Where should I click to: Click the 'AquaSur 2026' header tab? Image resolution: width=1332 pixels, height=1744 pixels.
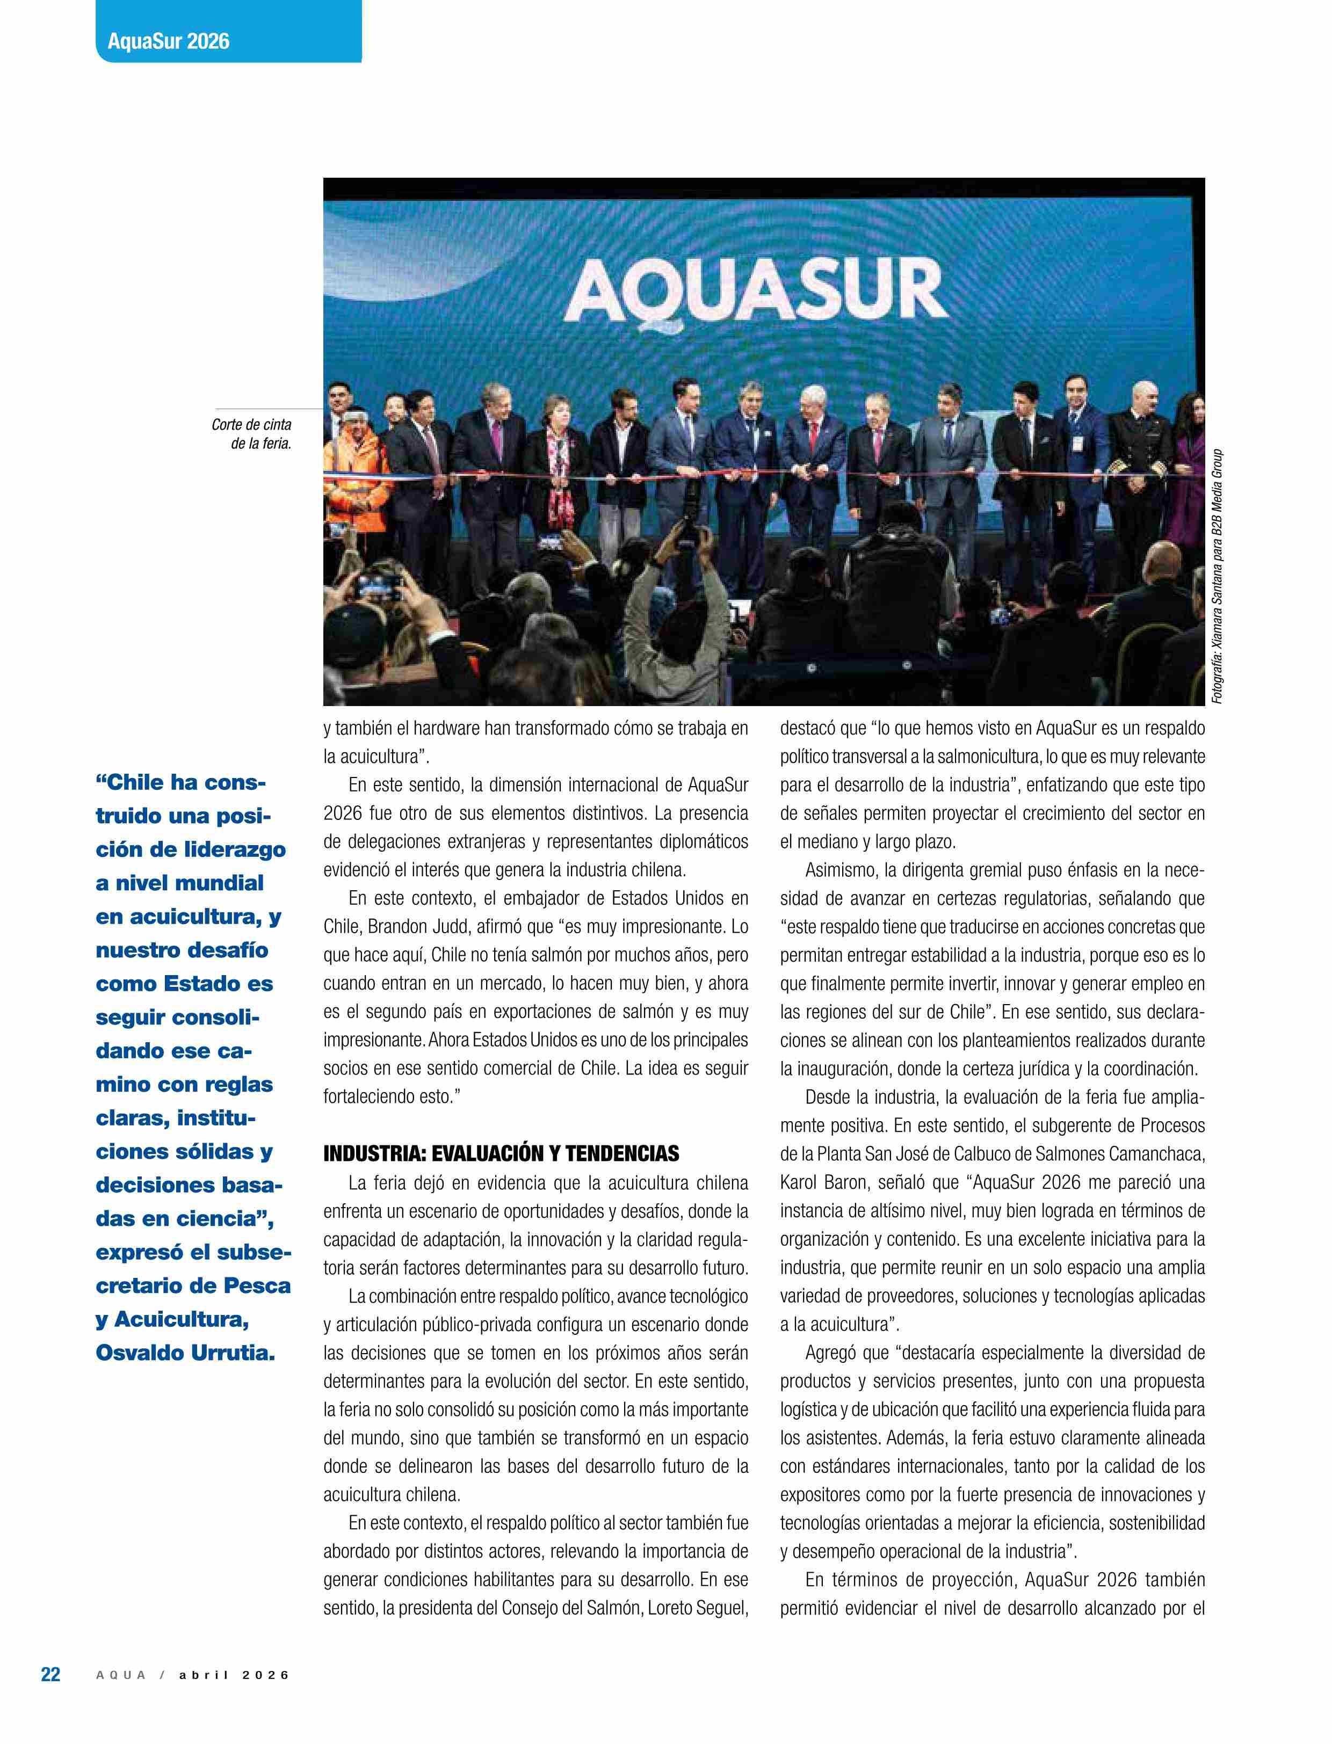[168, 40]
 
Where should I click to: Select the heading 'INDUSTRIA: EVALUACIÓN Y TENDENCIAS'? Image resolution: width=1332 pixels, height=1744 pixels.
[501, 1153]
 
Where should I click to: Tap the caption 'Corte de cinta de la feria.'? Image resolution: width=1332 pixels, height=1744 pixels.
[251, 434]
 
